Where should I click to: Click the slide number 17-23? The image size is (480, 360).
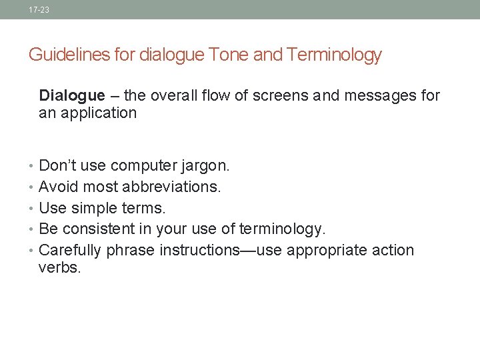39,10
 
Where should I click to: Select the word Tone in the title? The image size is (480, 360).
227,55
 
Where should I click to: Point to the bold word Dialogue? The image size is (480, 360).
72,96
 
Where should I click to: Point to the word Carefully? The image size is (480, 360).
70,251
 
